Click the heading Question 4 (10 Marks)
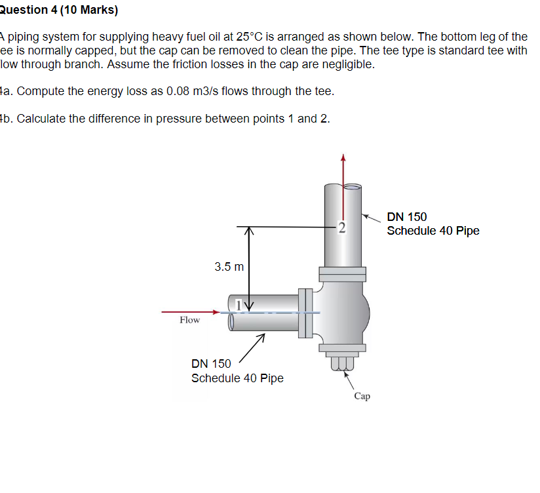tap(59, 10)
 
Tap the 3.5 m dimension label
tap(229, 267)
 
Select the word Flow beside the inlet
tap(189, 320)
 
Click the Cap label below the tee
tap(362, 396)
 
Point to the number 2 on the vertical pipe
tap(341, 228)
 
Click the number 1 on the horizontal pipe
tap(239, 304)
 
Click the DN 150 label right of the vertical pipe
tap(407, 217)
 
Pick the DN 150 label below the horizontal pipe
tap(211, 364)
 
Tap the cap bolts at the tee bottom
tap(341, 362)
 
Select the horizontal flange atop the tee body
tap(341, 271)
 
